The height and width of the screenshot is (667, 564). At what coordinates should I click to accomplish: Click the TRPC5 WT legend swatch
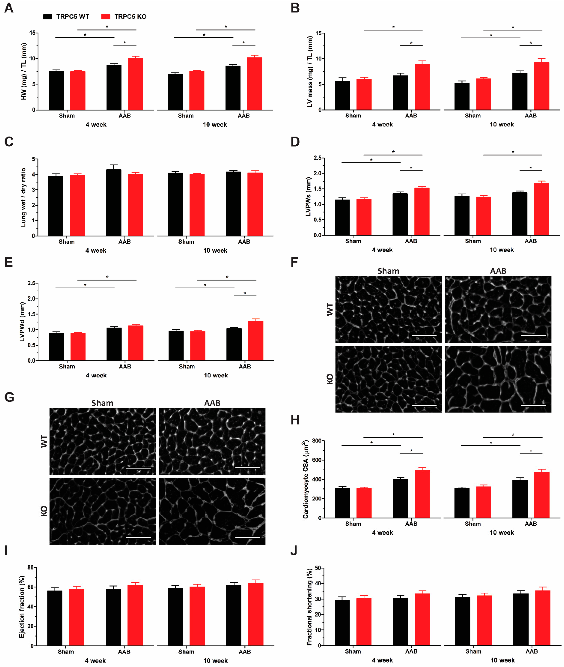[x=48, y=17]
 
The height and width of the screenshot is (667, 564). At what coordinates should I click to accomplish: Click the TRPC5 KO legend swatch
[x=106, y=17]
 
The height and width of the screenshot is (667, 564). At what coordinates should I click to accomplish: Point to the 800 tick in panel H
[x=317, y=441]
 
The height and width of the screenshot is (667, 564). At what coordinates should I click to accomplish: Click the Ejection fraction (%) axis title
[x=22, y=606]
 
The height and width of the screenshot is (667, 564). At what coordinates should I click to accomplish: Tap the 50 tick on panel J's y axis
[x=318, y=568]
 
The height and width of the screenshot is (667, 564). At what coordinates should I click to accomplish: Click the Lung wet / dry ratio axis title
[x=23, y=197]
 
